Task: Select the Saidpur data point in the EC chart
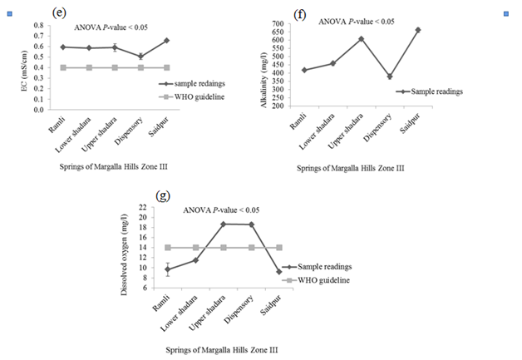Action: coord(166,41)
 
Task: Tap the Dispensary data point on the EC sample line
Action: coord(140,57)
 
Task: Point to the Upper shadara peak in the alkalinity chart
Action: coord(362,38)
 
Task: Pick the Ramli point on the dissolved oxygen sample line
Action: coord(167,269)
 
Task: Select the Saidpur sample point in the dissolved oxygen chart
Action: coord(278,272)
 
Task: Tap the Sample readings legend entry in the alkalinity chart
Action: coord(433,91)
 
